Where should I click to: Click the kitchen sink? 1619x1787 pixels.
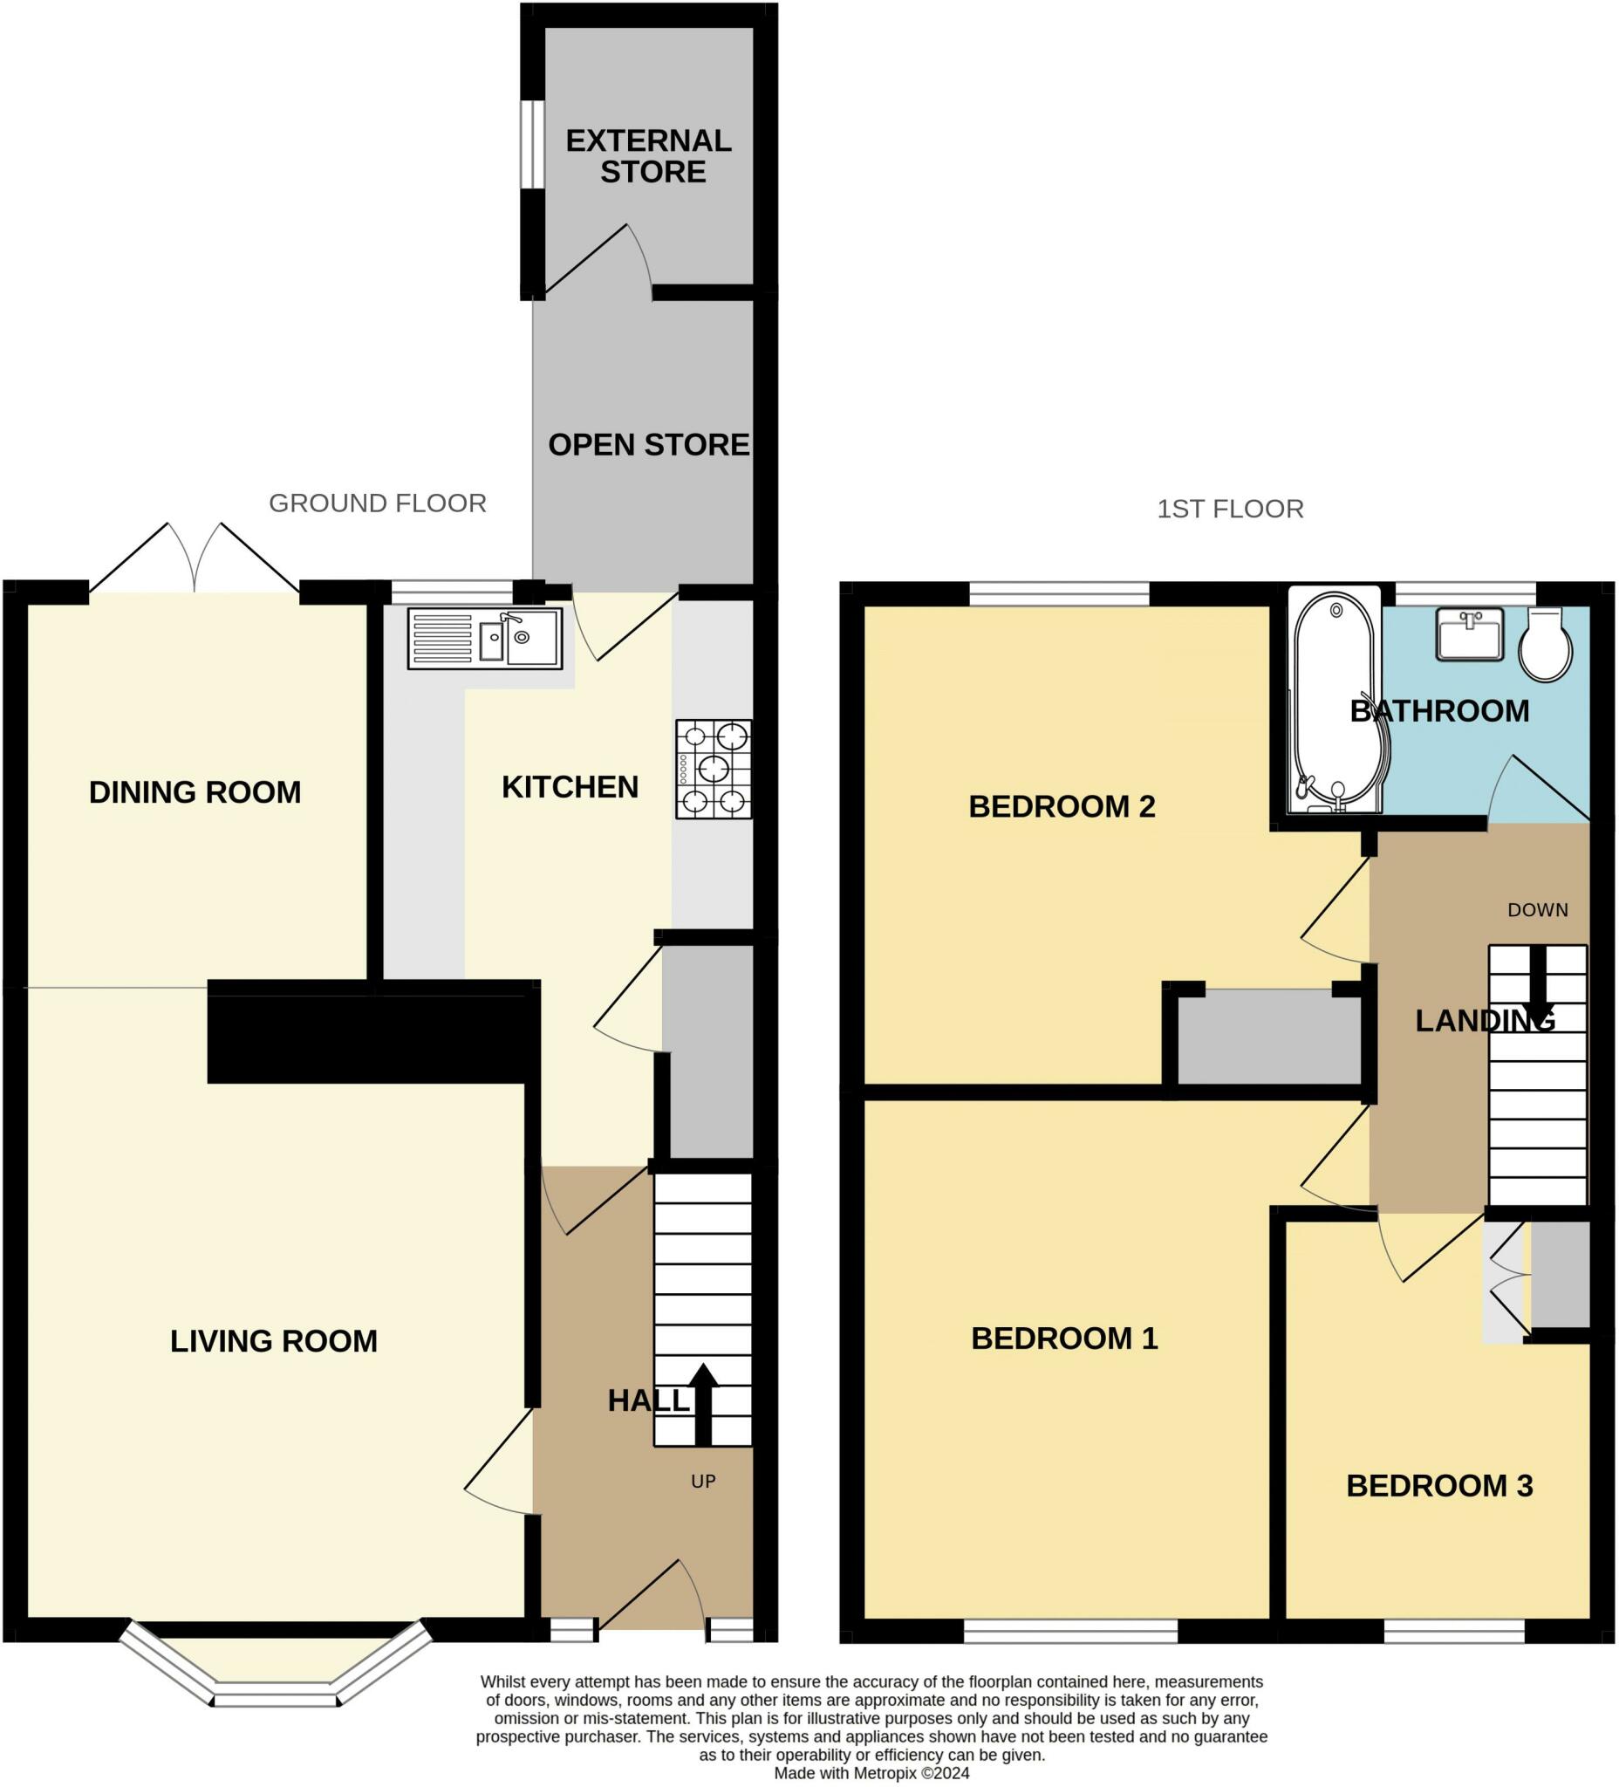point(485,637)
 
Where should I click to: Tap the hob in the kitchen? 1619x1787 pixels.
point(714,769)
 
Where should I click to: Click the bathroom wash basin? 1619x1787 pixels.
point(1469,633)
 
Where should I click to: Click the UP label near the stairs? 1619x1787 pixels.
point(704,1482)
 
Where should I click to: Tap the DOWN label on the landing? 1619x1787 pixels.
point(1538,910)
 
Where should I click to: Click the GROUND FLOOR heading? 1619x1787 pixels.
point(378,503)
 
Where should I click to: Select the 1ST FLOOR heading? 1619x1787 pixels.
point(1230,509)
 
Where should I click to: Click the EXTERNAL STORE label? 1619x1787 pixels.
point(650,156)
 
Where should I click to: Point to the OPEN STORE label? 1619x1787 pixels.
point(649,445)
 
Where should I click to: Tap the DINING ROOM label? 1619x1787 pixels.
point(195,792)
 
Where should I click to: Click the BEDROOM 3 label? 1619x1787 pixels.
point(1439,1486)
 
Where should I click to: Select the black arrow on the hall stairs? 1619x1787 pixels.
point(703,1405)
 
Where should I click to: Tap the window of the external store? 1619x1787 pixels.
point(532,144)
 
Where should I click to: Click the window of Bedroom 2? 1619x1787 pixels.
point(1059,593)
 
